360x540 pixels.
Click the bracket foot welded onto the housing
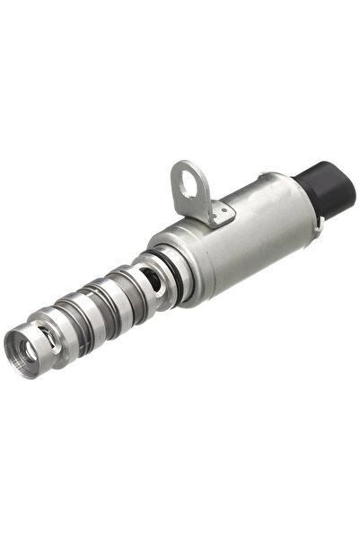tap(215, 212)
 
